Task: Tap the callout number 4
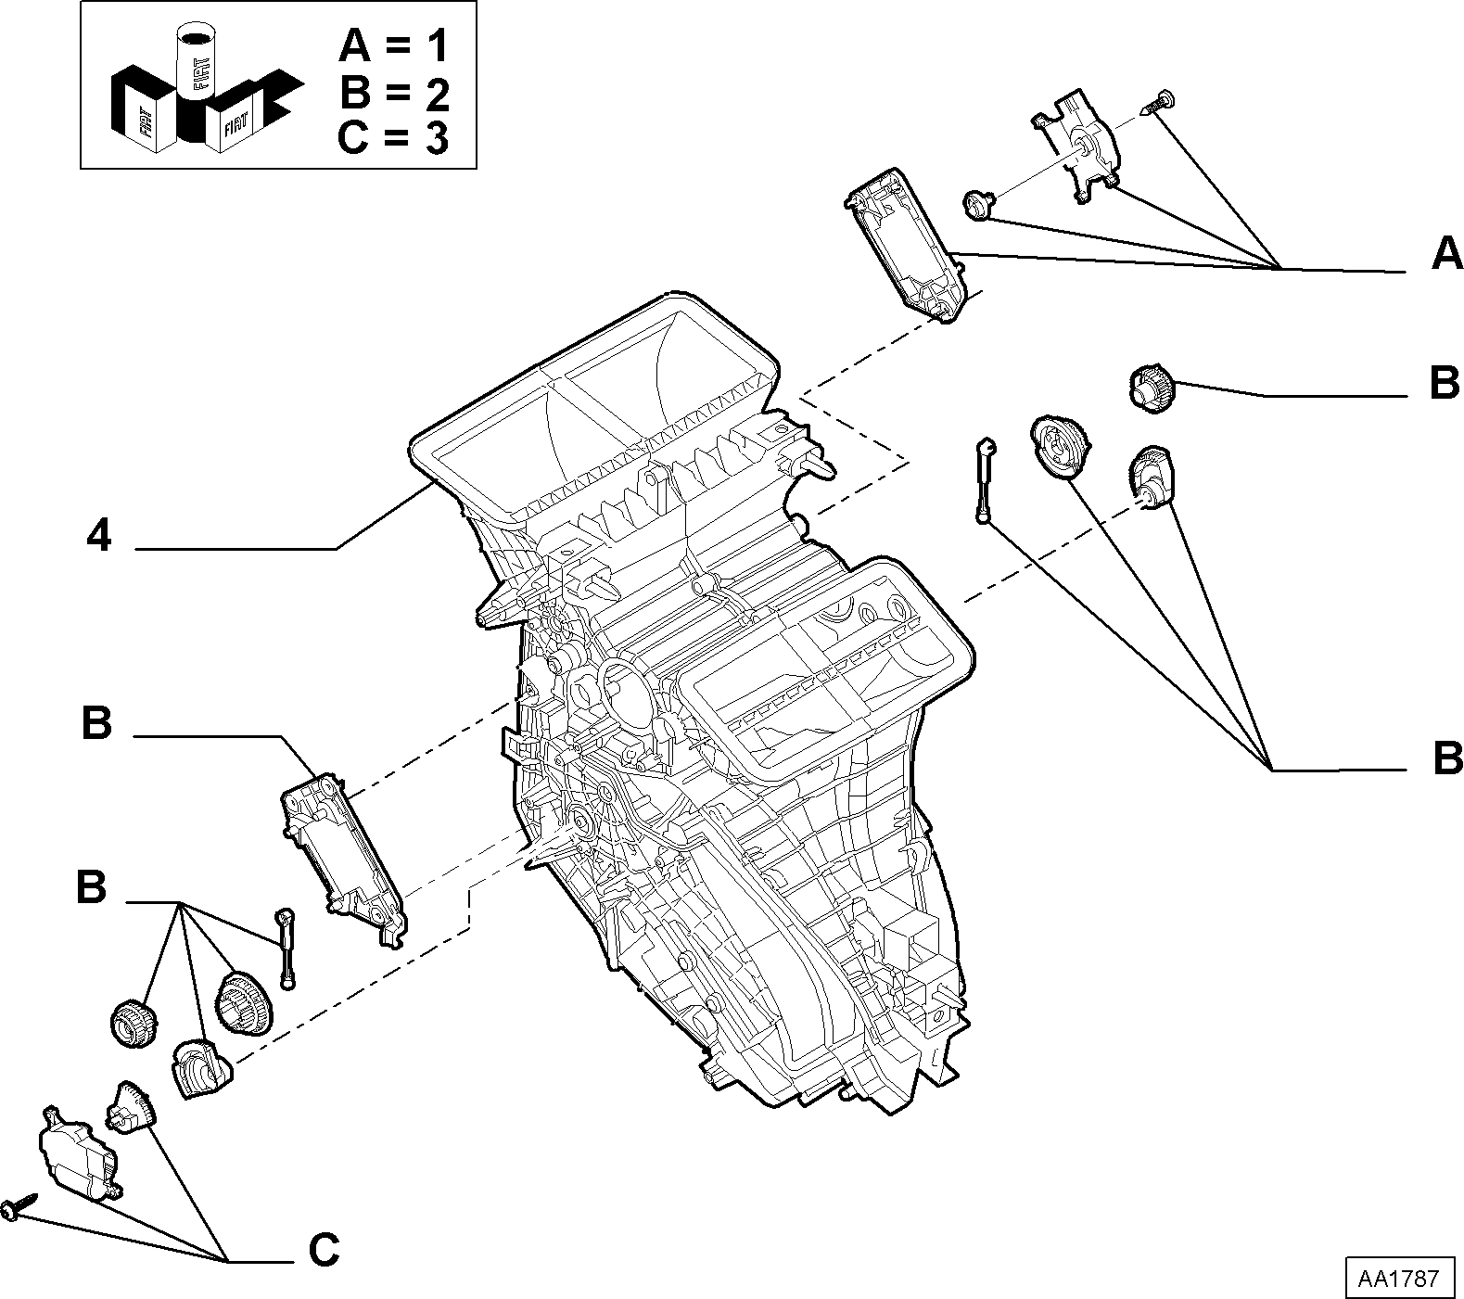pos(99,536)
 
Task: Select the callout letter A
pos(1446,253)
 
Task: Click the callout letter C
pos(324,1251)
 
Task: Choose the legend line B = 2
pos(394,93)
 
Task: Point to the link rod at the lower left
pos(286,948)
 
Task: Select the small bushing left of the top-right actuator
pos(978,203)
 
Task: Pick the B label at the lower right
pos(1447,758)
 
